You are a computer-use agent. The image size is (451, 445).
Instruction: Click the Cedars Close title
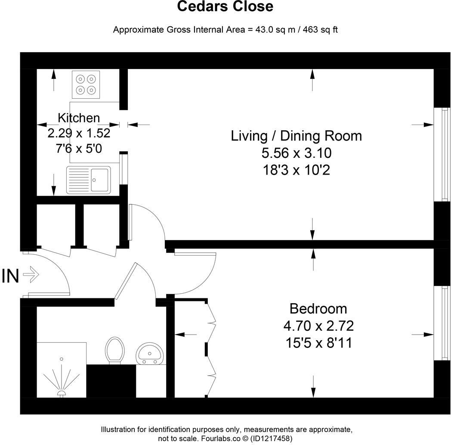click(225, 6)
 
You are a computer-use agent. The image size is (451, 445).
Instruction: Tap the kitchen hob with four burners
click(86, 85)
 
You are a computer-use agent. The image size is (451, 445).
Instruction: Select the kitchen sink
click(89, 180)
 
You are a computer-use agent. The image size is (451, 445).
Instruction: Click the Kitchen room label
click(79, 118)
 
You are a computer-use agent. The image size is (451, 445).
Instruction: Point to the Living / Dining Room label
click(296, 136)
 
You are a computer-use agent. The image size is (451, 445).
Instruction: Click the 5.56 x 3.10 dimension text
click(296, 153)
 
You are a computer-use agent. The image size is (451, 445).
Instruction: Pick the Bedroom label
click(318, 309)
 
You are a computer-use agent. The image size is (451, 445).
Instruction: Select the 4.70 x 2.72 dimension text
click(318, 326)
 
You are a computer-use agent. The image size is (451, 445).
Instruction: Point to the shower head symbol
click(61, 393)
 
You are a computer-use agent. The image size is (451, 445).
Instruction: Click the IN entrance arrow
click(31, 274)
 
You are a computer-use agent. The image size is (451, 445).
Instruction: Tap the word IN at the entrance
click(10, 276)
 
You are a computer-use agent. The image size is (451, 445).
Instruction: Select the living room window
click(442, 154)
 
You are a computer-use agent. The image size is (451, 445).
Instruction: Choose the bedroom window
click(442, 323)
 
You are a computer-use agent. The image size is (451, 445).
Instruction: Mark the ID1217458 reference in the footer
click(271, 439)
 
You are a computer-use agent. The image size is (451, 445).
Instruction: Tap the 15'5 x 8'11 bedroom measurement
click(319, 343)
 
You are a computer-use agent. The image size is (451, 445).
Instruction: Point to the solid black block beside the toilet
click(111, 381)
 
